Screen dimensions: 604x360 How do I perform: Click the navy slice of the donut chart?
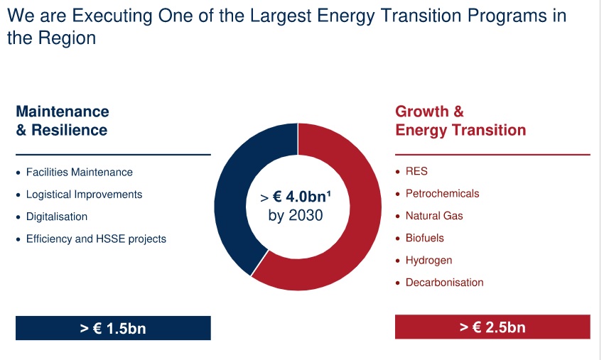tap(231, 200)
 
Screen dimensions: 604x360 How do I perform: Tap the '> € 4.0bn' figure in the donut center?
tap(296, 197)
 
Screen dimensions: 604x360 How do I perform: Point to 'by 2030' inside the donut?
tap(296, 215)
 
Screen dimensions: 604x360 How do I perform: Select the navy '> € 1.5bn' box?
tap(113, 328)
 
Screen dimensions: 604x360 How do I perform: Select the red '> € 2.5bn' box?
tap(492, 327)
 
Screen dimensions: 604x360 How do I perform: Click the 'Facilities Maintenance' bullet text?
tap(80, 172)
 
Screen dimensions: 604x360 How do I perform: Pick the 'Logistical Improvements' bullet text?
tap(85, 195)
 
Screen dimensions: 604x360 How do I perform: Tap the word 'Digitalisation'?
tap(57, 217)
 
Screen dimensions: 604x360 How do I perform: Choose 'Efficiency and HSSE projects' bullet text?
tap(97, 239)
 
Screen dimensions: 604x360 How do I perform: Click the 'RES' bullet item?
tap(416, 171)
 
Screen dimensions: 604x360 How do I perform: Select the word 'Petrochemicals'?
tap(442, 193)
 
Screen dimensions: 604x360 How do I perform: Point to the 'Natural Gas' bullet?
tap(434, 216)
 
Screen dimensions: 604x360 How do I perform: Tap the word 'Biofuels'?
tap(424, 238)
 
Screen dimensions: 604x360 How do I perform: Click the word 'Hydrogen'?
tap(428, 261)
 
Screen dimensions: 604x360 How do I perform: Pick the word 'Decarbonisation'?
tap(445, 283)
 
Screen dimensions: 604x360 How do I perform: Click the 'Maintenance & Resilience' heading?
tap(63, 121)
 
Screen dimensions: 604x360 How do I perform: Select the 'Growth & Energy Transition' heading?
tap(460, 121)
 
